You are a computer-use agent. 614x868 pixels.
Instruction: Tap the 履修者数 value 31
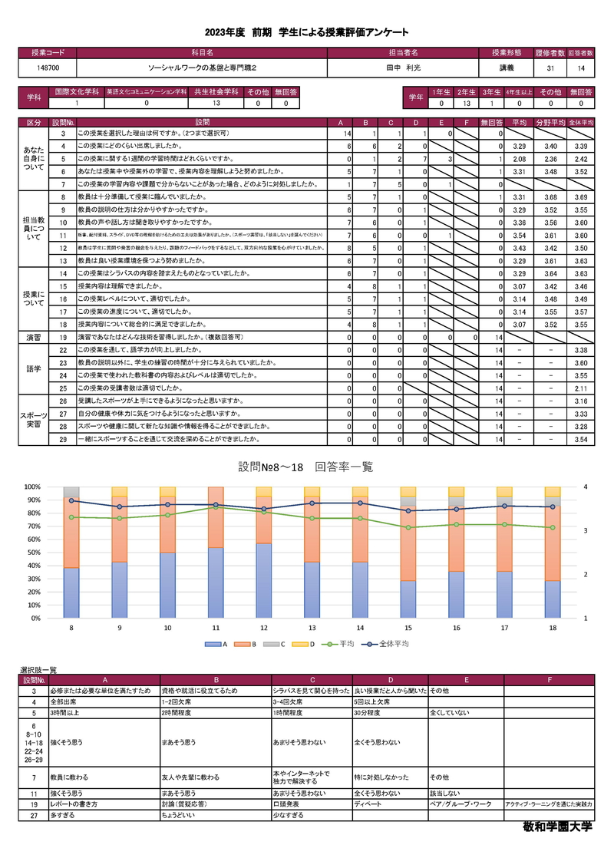pos(550,68)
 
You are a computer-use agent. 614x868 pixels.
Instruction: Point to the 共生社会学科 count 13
pos(216,103)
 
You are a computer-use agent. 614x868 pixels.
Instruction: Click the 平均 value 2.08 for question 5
pos(518,159)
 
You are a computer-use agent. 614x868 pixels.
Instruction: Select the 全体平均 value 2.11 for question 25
pos(580,389)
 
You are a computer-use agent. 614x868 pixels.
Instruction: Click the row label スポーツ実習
pos(35,420)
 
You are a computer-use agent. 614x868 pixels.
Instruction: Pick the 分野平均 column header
pos(550,122)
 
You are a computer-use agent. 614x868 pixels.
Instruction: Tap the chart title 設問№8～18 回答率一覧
pos(306,467)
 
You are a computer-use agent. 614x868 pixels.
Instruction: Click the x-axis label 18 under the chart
pos(552,628)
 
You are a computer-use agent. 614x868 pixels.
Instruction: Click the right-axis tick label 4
pos(585,487)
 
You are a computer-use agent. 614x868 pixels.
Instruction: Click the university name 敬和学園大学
pos(557,829)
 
